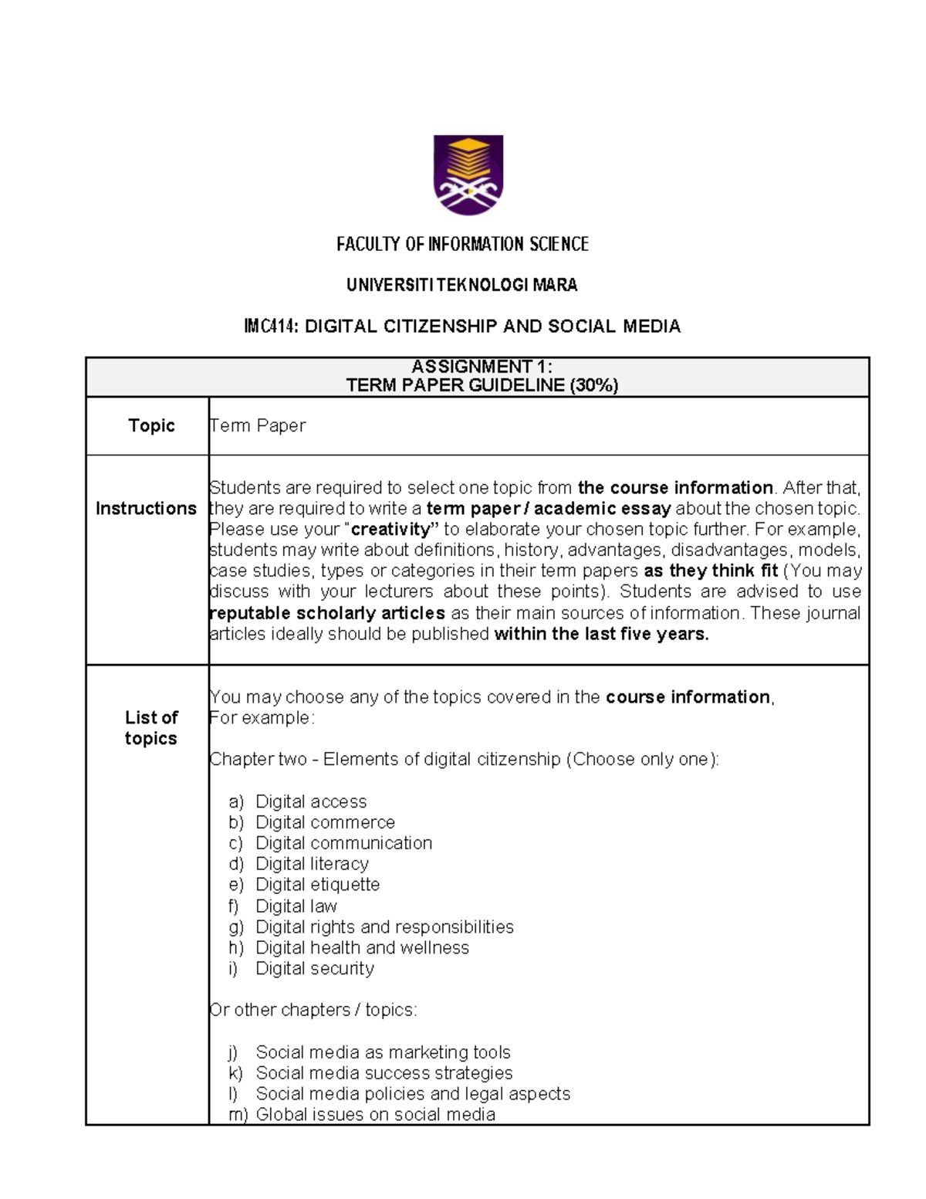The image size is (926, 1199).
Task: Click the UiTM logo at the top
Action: click(468, 174)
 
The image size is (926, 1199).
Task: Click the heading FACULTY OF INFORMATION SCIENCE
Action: click(462, 245)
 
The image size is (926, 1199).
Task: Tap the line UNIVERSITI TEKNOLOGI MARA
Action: click(461, 286)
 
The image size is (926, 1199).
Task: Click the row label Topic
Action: click(151, 425)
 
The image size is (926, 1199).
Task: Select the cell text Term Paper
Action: click(258, 425)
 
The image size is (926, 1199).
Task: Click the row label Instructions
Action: click(146, 508)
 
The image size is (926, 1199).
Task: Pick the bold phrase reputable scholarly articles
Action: click(327, 613)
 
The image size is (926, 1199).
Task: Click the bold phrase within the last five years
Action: click(601, 634)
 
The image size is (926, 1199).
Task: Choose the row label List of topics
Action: click(151, 728)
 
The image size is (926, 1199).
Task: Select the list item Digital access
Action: click(311, 801)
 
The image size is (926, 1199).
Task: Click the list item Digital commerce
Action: click(325, 822)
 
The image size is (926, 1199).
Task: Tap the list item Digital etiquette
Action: click(317, 885)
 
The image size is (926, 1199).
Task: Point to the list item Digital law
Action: click(296, 906)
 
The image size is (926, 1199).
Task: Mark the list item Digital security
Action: click(315, 968)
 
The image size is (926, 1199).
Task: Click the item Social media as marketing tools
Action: click(383, 1052)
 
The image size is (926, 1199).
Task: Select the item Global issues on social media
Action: click(375, 1114)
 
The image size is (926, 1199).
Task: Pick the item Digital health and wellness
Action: click(362, 947)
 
